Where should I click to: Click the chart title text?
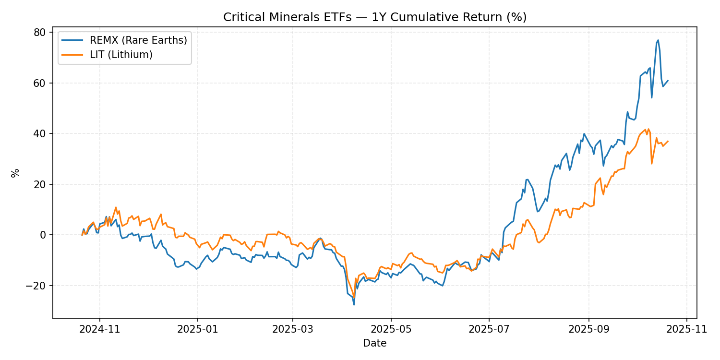(x=375, y=17)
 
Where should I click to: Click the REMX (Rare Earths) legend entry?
(x=138, y=40)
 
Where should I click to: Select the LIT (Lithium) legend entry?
(x=121, y=55)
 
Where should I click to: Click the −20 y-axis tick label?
(x=37, y=286)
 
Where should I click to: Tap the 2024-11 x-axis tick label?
(x=100, y=330)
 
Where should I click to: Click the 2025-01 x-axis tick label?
(x=197, y=330)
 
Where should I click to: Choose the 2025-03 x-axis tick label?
(x=292, y=330)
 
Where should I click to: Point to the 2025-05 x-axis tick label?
(x=391, y=330)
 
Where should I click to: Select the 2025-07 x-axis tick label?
(x=489, y=330)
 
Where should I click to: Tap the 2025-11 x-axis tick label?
(x=686, y=330)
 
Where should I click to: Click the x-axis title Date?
(x=375, y=343)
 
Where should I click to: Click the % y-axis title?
(x=15, y=173)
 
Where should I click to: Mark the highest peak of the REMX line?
(x=658, y=40)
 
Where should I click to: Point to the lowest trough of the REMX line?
(x=354, y=305)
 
